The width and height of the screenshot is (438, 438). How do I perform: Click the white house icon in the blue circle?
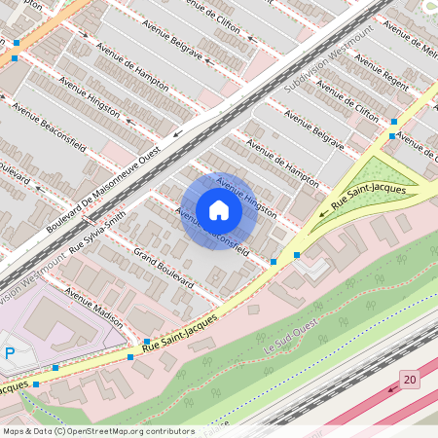[219, 210]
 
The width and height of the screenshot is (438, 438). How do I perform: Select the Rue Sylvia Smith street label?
[97, 232]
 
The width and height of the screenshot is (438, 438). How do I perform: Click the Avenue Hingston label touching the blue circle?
[246, 198]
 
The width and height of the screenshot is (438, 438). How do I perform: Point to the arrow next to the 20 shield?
[392, 387]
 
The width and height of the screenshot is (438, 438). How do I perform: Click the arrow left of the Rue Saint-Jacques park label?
[324, 211]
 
